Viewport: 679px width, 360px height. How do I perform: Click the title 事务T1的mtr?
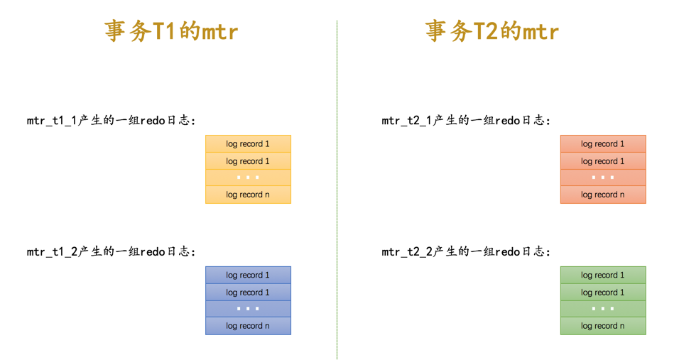(171, 31)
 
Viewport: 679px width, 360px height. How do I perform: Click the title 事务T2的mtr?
(492, 31)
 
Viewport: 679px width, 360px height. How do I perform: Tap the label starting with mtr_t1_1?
(112, 121)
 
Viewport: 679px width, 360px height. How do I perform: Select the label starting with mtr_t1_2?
(112, 252)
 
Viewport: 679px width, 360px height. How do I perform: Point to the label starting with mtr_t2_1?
(466, 121)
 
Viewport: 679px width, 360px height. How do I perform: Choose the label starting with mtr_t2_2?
(466, 252)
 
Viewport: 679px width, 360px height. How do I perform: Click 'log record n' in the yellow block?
(248, 195)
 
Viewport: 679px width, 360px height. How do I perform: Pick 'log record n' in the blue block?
(248, 326)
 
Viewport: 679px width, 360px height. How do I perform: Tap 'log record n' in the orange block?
(602, 195)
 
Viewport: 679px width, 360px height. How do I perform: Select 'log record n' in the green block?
(602, 326)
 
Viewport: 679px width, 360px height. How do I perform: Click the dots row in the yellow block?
(248, 178)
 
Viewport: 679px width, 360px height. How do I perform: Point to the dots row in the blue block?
(248, 309)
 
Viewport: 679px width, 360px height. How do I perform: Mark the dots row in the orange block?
(602, 178)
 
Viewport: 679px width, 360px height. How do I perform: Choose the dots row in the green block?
(602, 309)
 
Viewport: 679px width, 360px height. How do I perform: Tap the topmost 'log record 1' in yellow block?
(248, 144)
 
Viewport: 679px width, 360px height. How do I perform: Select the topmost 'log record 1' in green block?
(602, 276)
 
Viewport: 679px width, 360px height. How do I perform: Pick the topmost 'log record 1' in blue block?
(248, 276)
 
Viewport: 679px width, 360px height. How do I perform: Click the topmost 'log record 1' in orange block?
(602, 144)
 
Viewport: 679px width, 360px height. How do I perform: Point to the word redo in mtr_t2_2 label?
(507, 252)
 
